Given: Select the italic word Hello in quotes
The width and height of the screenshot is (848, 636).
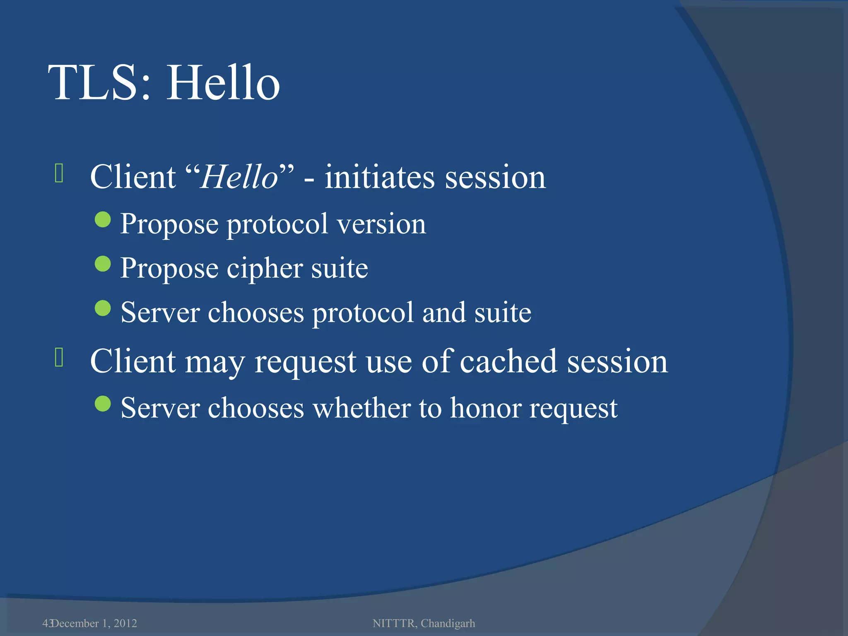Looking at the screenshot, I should pyautogui.click(x=239, y=177).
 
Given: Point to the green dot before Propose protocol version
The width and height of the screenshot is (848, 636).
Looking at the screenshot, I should pyautogui.click(x=103, y=220).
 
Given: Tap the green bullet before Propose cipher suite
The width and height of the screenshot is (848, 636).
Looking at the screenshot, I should pyautogui.click(x=103, y=264).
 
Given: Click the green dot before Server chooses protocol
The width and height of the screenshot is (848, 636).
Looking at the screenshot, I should pyautogui.click(x=103, y=308).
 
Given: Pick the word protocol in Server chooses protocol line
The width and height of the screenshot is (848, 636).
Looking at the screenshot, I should pyautogui.click(x=363, y=313).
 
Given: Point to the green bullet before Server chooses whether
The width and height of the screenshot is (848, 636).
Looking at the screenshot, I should pyautogui.click(x=103, y=404).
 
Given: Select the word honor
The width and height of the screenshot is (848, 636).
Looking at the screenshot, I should pyautogui.click(x=486, y=408).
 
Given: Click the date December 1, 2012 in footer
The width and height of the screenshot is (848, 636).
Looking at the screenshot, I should pyautogui.click(x=94, y=623).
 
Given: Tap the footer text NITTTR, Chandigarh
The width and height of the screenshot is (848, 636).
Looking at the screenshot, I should pyautogui.click(x=424, y=623).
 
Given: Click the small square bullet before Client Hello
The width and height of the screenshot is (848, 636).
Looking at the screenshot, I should pyautogui.click(x=59, y=173).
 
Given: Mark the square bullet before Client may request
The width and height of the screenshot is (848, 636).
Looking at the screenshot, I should pyautogui.click(x=59, y=357).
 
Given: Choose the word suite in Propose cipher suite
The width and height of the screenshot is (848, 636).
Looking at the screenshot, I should pyautogui.click(x=339, y=268).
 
